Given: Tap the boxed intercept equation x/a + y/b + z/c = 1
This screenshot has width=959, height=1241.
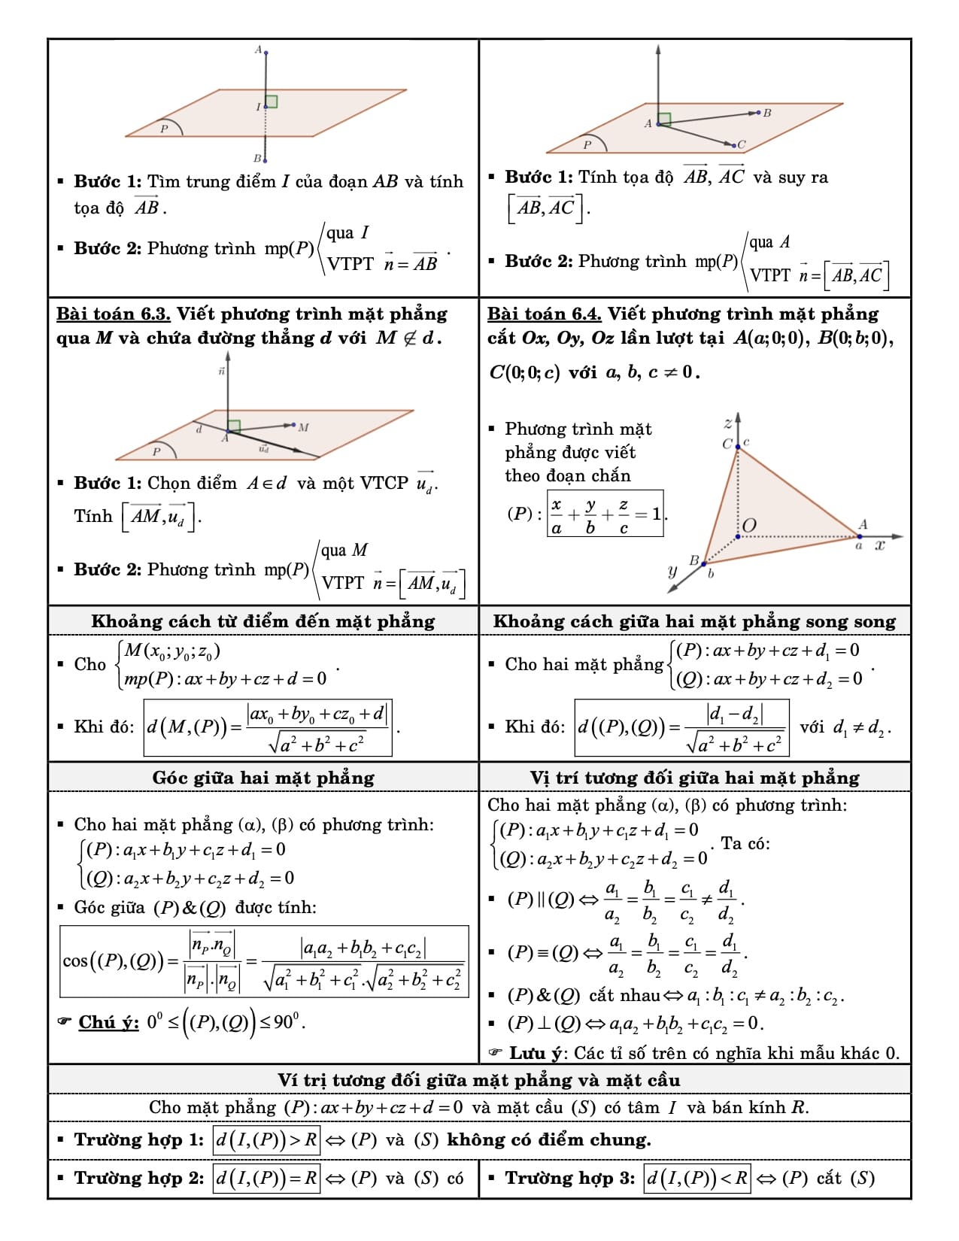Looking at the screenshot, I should (x=605, y=514).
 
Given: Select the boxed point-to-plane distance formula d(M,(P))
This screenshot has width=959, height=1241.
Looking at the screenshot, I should (x=269, y=728).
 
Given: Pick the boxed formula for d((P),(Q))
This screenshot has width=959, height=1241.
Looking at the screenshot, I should (x=681, y=727).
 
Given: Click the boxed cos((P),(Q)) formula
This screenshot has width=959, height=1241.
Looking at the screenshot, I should (x=264, y=961).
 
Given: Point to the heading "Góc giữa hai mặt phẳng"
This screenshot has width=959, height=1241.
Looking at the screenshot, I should (x=263, y=778).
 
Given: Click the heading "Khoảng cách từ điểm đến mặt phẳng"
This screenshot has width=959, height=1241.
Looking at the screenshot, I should (x=263, y=621).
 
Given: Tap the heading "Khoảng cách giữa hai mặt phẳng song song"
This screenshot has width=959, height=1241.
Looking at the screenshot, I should (x=694, y=621).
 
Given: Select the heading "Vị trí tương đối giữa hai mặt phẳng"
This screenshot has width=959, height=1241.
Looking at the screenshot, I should (x=694, y=778).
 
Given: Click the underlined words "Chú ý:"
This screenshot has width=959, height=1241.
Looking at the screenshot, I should (x=109, y=1022).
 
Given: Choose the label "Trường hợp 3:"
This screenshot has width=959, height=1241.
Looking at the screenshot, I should (x=570, y=1178).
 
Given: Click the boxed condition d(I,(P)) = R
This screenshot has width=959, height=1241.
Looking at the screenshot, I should (x=267, y=1178).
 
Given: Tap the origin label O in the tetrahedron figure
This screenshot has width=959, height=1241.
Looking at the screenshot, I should (x=749, y=525).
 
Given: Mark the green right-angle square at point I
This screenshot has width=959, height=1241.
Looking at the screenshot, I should (x=272, y=102).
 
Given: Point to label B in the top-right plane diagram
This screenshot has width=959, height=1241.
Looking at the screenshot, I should (x=766, y=114).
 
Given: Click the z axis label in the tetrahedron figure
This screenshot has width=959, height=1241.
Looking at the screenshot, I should (x=727, y=424).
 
